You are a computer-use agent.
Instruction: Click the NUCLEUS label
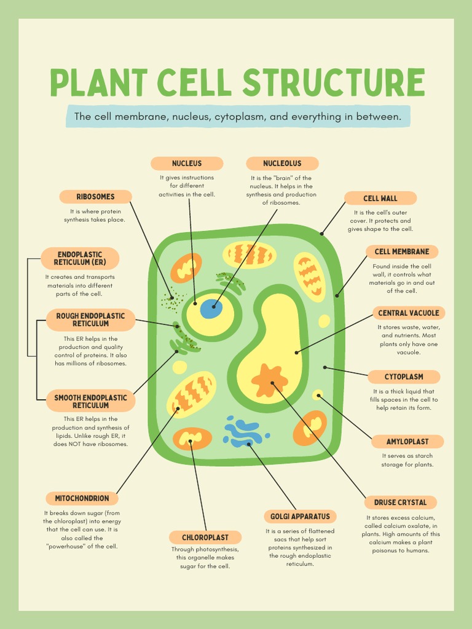tap(187, 163)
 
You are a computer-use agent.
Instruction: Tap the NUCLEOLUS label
tap(282, 163)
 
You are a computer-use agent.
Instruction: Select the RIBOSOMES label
tap(95, 197)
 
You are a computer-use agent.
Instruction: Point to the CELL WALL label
tap(380, 198)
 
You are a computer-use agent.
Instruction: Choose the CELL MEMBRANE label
tap(402, 251)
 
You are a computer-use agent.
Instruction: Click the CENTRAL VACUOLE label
tap(409, 313)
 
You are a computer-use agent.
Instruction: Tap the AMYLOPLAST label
tap(407, 442)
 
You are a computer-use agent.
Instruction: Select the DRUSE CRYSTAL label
tap(400, 502)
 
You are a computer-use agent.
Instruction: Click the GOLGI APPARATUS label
tap(300, 517)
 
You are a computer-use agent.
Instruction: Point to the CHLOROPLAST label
tap(205, 537)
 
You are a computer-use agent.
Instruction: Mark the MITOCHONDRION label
tap(82, 498)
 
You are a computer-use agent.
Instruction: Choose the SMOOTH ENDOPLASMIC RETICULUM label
tap(90, 401)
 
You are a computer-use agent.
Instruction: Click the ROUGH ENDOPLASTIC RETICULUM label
tap(90, 319)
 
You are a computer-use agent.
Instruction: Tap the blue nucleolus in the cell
tap(211, 308)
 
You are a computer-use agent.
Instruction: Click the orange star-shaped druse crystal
tap(269, 380)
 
